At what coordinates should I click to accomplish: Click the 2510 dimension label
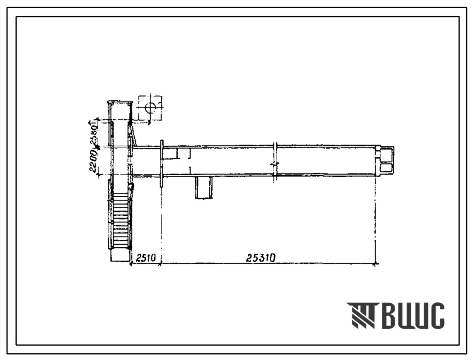pos(146,258)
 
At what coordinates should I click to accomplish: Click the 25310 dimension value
pos(261,258)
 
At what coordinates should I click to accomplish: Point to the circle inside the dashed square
pos(150,107)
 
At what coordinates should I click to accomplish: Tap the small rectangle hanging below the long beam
pos(203,188)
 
